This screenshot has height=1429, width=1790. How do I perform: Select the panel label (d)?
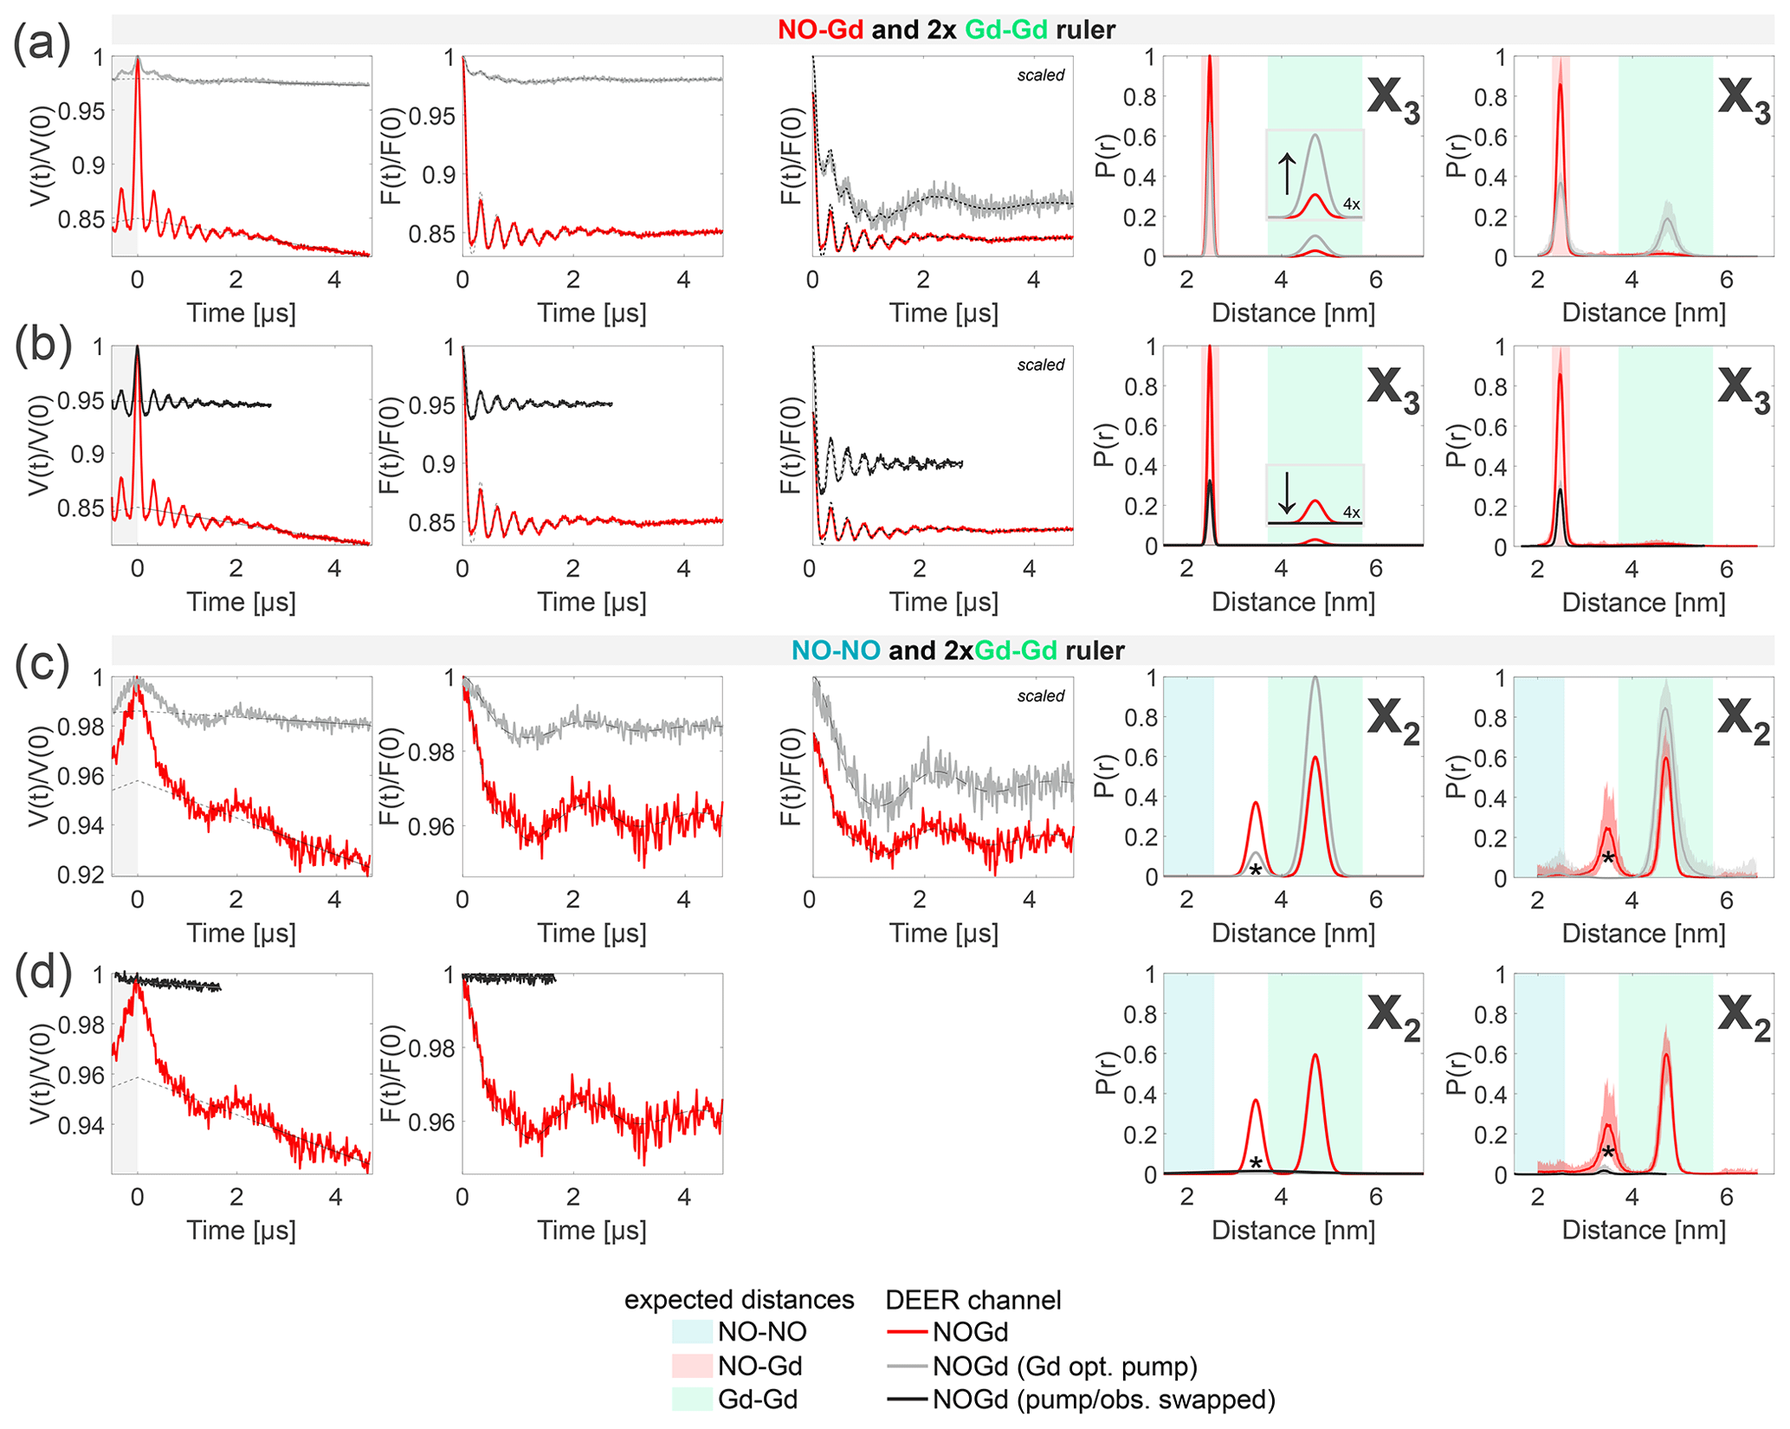point(42,972)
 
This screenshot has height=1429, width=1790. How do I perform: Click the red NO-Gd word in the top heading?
point(820,29)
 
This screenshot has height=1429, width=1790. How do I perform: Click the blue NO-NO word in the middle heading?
point(836,650)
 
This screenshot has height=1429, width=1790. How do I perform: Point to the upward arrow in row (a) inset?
point(1287,173)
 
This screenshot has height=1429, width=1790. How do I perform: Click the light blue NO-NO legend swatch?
point(691,1332)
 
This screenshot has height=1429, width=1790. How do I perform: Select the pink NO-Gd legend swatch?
point(691,1366)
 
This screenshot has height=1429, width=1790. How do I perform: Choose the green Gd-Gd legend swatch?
point(691,1399)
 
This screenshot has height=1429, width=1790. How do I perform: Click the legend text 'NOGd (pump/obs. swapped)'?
point(1103,1400)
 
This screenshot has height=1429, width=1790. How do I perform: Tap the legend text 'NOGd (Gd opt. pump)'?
point(1065,1367)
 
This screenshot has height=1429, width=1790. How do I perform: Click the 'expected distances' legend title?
point(739,1299)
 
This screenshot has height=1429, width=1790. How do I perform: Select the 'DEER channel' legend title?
point(973,1299)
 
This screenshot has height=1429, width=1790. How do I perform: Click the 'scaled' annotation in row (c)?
point(1040,695)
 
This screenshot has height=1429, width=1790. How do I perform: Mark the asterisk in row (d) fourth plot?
point(1256,1163)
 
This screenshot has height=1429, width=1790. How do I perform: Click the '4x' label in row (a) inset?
point(1351,204)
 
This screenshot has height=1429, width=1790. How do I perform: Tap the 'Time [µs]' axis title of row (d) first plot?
point(242,1230)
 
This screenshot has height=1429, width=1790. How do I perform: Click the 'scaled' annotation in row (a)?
point(1040,75)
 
